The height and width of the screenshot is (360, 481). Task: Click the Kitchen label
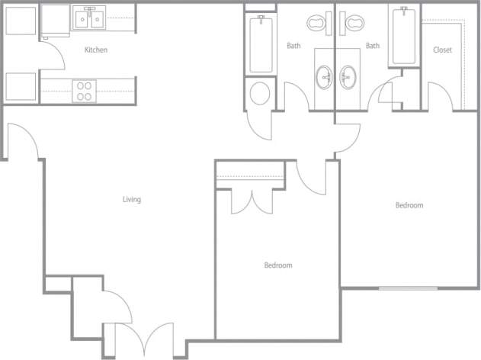pos(96,50)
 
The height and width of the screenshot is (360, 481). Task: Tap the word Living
pos(132,200)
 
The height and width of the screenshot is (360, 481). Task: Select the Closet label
pos(442,50)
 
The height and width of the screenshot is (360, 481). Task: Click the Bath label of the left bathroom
pos(293,46)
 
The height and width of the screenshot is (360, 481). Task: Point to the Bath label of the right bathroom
pos(372,46)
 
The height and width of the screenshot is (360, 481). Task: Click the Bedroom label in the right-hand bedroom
pos(409,205)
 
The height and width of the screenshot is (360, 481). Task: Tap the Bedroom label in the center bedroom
pos(278,265)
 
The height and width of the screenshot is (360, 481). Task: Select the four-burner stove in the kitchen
pos(84,92)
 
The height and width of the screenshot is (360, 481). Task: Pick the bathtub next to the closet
pos(402,36)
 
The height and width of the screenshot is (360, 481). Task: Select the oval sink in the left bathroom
pos(325,77)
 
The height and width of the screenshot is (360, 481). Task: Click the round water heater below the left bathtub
pos(260,93)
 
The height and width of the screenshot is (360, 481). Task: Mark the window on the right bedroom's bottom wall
pos(409,288)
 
